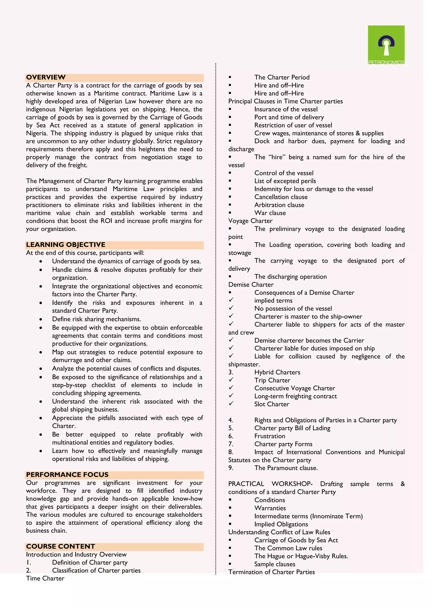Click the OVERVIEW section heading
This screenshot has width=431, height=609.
[x=46, y=77]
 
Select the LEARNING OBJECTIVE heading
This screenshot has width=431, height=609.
[x=65, y=245]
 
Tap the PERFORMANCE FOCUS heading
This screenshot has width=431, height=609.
[x=67, y=475]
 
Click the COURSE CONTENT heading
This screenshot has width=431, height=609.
[x=61, y=546]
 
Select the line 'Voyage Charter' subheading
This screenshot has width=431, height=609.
[x=250, y=221]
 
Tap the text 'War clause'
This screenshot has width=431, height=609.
[x=270, y=213]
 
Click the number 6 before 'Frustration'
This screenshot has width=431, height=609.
[x=231, y=436]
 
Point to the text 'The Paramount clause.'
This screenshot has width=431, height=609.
[x=286, y=468]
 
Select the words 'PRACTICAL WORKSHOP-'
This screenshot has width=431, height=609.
[x=270, y=484]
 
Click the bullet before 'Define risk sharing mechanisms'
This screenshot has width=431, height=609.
[x=41, y=320]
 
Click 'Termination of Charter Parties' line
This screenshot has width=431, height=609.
[x=271, y=572]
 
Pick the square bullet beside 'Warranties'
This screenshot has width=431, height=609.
[x=230, y=508]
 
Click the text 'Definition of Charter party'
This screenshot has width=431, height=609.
[x=90, y=563]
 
